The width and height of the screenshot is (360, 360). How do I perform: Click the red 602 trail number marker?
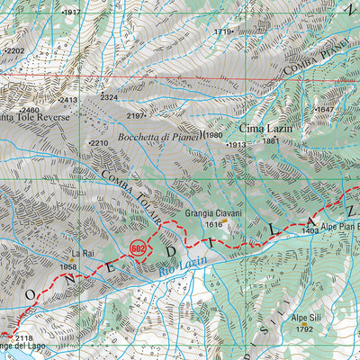[138, 247]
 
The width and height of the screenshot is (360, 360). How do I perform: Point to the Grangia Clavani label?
[212, 214]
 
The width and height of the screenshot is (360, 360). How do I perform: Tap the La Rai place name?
[83, 254]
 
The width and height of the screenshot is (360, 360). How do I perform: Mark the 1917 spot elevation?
[72, 13]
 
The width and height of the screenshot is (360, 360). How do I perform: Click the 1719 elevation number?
[223, 31]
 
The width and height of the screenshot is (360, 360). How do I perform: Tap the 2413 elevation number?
[67, 101]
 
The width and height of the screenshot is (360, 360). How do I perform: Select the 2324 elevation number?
[109, 97]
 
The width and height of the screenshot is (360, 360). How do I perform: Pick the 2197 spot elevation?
[136, 116]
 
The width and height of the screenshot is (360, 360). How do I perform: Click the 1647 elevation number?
[325, 110]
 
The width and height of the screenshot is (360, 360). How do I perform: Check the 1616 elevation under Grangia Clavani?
[213, 224]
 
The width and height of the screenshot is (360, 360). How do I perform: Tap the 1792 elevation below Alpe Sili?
[304, 329]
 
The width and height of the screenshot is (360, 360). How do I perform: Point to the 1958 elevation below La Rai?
[68, 267]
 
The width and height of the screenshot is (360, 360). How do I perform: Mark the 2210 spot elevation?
[99, 143]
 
